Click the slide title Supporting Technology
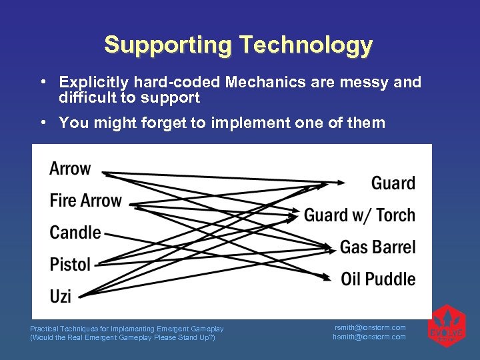(238, 45)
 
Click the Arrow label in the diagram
(70, 169)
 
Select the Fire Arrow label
(86, 201)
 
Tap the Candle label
(75, 233)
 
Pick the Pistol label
(70, 265)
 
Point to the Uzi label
(60, 296)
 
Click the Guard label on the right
(393, 183)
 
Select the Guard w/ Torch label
(359, 215)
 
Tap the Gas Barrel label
(377, 247)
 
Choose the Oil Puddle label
(378, 279)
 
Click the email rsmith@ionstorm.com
(369, 327)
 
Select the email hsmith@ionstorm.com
(369, 337)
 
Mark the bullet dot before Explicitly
(42, 82)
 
